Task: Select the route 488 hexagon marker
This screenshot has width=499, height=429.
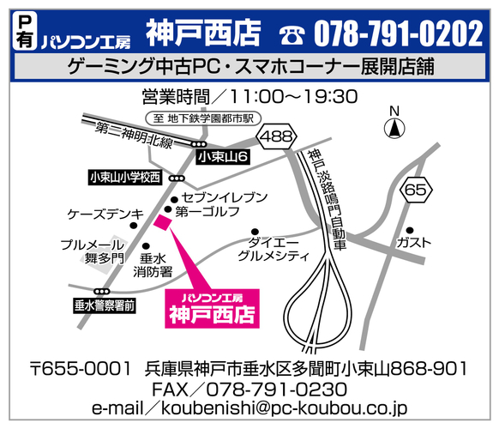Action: (x=279, y=136)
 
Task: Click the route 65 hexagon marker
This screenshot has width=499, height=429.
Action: (x=416, y=190)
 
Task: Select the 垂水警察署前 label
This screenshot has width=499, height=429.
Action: (x=105, y=305)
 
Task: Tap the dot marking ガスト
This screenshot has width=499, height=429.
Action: (x=410, y=230)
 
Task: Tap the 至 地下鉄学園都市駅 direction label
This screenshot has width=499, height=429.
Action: (x=206, y=119)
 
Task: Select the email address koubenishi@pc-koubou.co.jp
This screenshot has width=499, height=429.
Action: (x=249, y=409)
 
